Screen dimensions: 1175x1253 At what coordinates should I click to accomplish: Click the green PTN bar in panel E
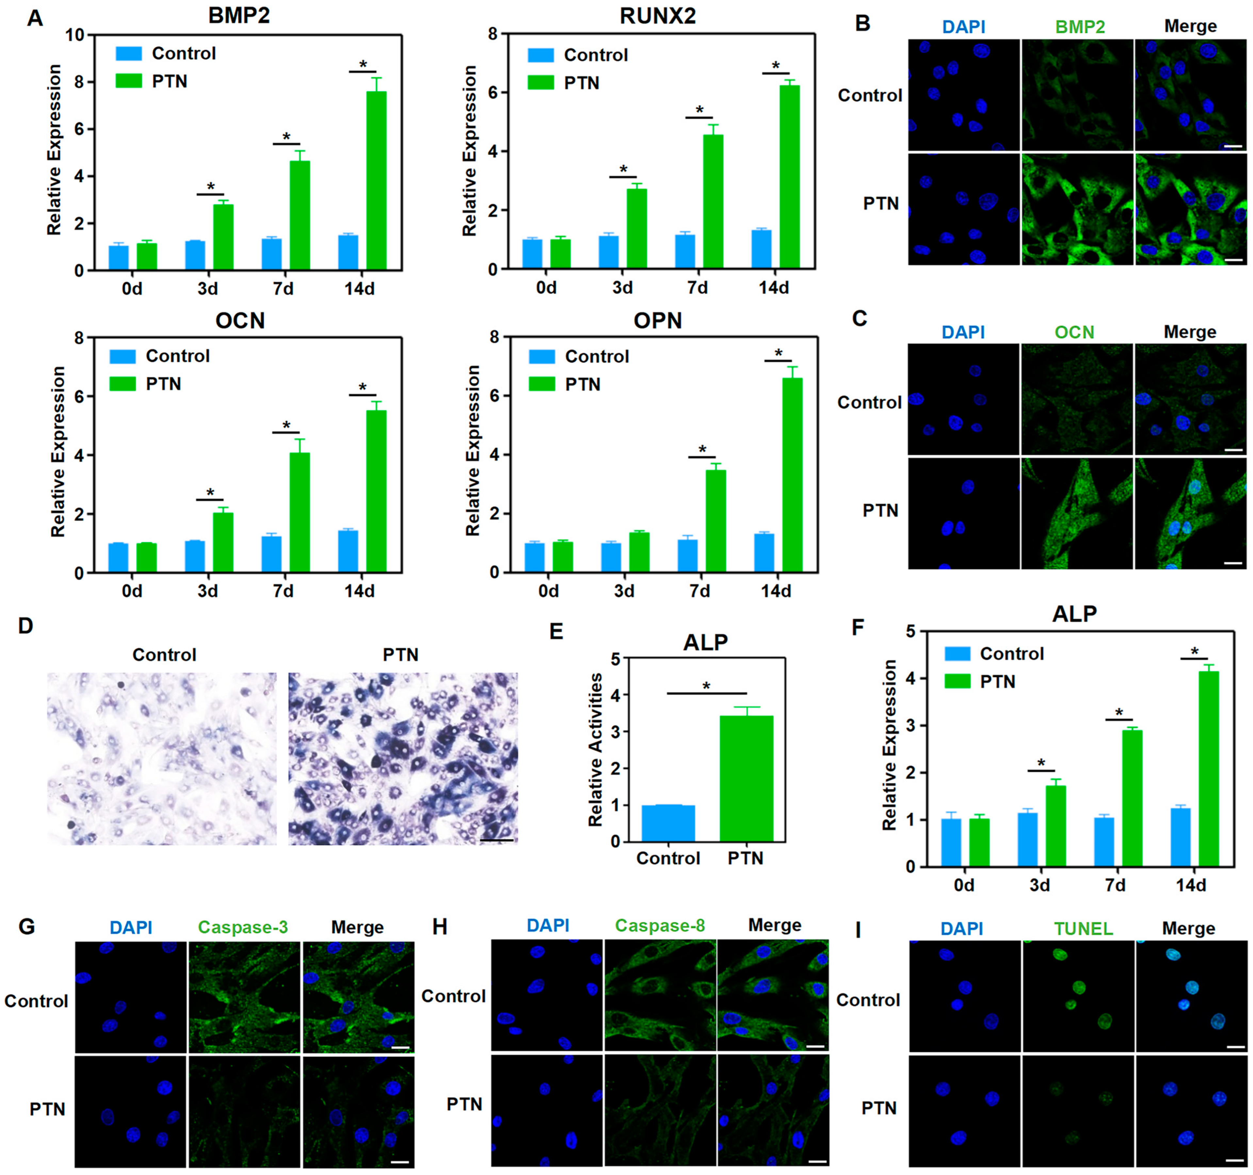(x=746, y=778)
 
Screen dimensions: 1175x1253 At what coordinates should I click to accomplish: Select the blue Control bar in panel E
(x=668, y=823)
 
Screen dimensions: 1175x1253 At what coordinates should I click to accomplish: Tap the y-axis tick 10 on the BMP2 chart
(x=75, y=35)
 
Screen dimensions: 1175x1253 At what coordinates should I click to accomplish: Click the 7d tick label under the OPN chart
(x=700, y=591)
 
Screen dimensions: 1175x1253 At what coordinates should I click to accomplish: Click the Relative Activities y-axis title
(x=595, y=749)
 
